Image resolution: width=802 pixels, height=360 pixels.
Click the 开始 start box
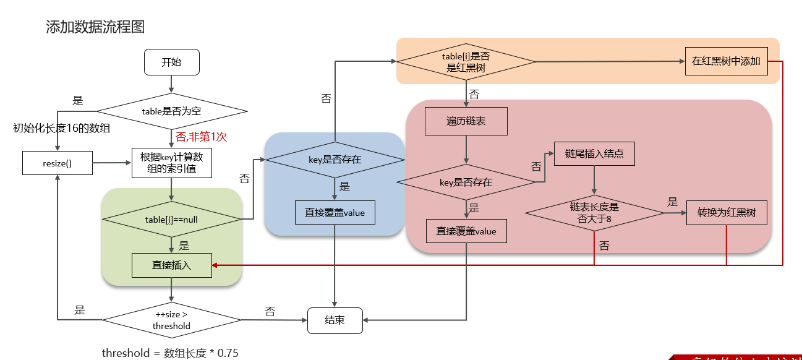(x=171, y=62)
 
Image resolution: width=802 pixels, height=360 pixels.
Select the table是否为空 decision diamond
(x=172, y=111)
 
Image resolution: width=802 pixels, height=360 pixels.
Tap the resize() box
(x=57, y=163)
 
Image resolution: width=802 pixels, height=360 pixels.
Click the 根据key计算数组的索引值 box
(x=172, y=163)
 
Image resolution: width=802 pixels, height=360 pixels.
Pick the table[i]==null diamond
(x=171, y=219)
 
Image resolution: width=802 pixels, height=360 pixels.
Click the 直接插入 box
(x=171, y=265)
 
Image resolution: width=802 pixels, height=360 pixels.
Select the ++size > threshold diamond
(x=171, y=320)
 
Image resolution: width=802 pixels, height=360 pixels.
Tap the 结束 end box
(x=335, y=320)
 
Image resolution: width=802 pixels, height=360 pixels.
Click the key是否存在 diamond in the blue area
(x=335, y=160)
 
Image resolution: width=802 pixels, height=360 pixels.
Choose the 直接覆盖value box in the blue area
(x=335, y=213)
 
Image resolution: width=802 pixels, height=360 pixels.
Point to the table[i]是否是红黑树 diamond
(x=466, y=62)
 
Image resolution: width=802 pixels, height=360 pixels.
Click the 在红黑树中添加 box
(x=726, y=61)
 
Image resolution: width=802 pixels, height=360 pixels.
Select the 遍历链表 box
(x=466, y=121)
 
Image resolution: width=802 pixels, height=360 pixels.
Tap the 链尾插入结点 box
(x=594, y=154)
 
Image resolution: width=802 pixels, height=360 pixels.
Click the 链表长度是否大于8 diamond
(x=594, y=213)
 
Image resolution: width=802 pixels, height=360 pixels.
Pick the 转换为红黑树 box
(x=727, y=213)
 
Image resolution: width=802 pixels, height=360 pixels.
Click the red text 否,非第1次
(x=201, y=137)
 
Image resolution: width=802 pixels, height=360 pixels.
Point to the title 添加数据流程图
(x=95, y=27)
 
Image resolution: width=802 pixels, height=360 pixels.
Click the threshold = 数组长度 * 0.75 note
(x=170, y=353)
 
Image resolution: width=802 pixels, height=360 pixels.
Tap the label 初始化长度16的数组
(x=62, y=129)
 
